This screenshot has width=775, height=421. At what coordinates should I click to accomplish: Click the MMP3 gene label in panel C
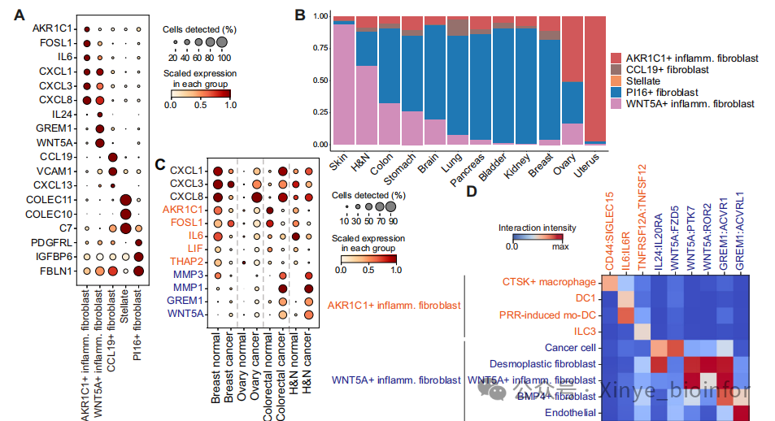coord(187,275)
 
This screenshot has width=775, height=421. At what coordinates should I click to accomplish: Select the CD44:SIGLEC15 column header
coord(609,231)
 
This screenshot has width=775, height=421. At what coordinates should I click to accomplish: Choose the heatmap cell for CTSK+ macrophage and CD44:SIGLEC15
coord(609,283)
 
